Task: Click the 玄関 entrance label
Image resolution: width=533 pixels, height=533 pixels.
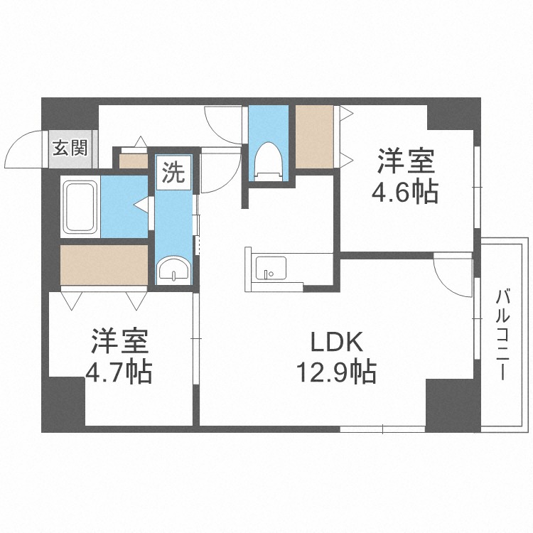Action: click(x=70, y=149)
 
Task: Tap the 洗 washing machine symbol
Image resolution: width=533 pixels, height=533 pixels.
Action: click(x=173, y=173)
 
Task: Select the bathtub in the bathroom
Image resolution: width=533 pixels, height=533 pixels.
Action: click(x=80, y=207)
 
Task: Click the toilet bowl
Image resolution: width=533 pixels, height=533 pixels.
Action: click(x=269, y=161)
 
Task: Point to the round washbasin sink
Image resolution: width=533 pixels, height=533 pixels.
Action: click(x=174, y=269)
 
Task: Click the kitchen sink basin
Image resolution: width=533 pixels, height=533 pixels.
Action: click(x=271, y=268)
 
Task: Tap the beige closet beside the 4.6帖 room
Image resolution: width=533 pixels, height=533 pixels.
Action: click(x=314, y=136)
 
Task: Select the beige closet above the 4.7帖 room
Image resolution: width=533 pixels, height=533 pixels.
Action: click(x=104, y=265)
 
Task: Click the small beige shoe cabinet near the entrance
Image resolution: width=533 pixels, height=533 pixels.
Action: click(x=134, y=161)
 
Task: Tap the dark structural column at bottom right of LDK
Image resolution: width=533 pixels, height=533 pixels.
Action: click(x=453, y=406)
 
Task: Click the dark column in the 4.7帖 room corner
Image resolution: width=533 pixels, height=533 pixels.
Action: click(x=63, y=404)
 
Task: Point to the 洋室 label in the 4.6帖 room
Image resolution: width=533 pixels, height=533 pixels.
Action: click(x=406, y=161)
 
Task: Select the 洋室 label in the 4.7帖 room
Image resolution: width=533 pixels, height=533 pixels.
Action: click(x=119, y=341)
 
